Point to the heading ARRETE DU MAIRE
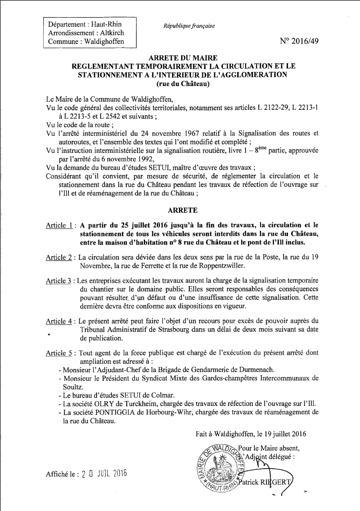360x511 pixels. tap(183, 58)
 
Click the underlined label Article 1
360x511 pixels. tap(59, 226)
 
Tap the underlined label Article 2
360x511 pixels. tap(59, 258)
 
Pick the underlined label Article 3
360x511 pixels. tap(59, 281)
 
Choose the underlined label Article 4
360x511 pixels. tap(59, 321)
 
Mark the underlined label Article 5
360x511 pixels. tap(59, 353)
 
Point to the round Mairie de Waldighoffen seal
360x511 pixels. tap(219, 468)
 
